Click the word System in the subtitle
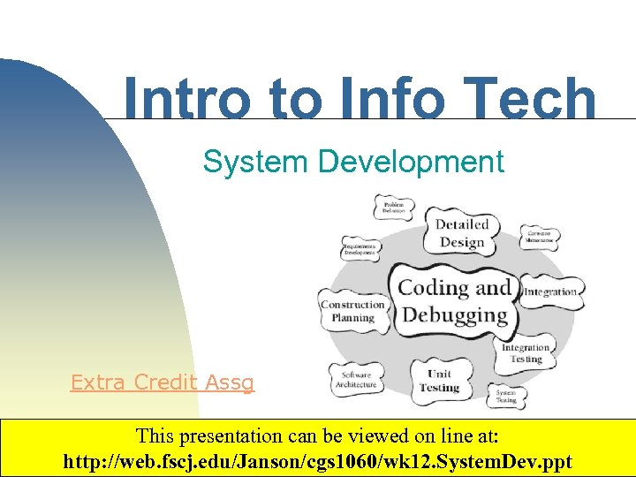255,162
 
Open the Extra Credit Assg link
162,382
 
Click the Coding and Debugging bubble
454,300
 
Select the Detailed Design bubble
460,233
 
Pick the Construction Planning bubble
352,311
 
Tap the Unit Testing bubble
439,381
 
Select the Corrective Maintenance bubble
539,237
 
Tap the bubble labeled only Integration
550,291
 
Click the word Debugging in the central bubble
454,314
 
